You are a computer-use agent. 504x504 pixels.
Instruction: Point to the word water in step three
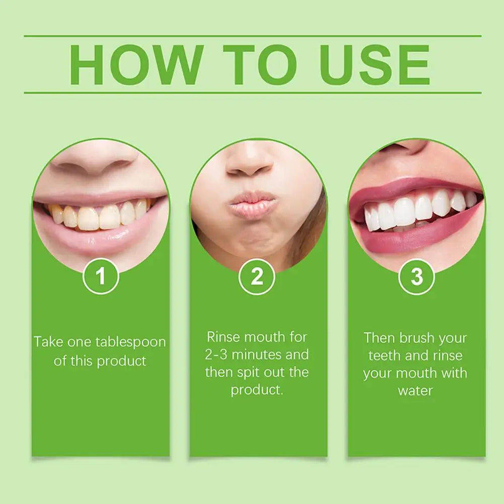(x=415, y=390)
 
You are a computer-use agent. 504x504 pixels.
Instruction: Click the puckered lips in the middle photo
(x=253, y=203)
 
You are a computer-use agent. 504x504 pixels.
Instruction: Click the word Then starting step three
(x=380, y=337)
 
